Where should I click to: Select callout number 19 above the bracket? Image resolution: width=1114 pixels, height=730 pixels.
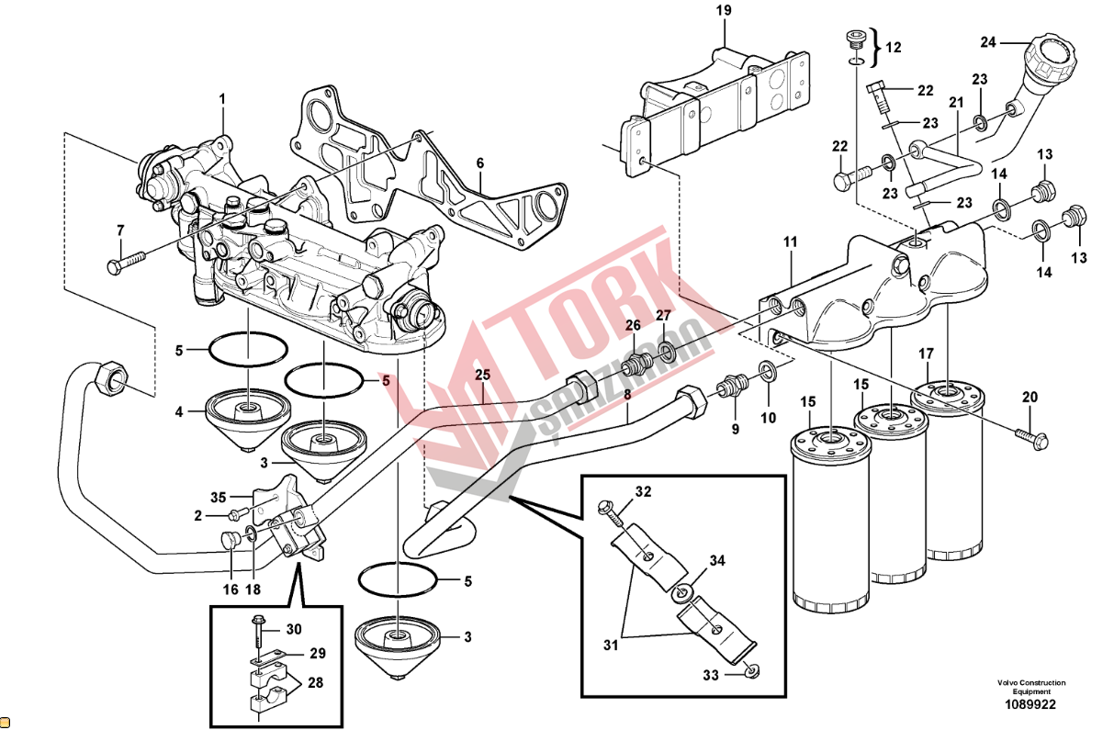click(724, 11)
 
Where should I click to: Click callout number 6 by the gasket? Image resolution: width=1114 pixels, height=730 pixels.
click(479, 163)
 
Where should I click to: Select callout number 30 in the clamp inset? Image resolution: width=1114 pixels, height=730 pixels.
click(293, 629)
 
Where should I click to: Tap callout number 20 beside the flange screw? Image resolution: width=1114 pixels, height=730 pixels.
click(1030, 397)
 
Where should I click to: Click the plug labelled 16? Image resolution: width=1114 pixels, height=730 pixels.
click(231, 541)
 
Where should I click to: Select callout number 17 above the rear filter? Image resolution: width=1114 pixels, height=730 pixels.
click(927, 353)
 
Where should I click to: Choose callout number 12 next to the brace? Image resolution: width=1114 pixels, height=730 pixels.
click(893, 47)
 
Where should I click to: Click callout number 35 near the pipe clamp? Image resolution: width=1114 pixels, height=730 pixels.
click(218, 497)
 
